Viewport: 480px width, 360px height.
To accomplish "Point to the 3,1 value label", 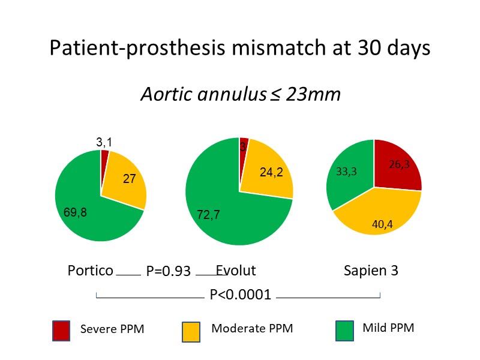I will click(104, 142).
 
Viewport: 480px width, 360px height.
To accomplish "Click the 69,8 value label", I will click(76, 212).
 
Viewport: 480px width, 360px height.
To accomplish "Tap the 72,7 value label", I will click(209, 214).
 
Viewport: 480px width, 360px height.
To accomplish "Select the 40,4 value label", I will click(382, 225).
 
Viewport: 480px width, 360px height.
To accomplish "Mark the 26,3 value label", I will click(399, 163).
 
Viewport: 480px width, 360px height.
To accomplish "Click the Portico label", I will click(90, 271).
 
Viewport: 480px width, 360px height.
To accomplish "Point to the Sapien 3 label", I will click(371, 271).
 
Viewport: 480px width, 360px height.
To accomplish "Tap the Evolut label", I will click(236, 271).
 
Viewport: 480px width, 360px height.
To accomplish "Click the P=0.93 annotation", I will click(168, 272).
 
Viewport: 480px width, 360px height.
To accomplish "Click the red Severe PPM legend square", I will click(62, 331).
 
